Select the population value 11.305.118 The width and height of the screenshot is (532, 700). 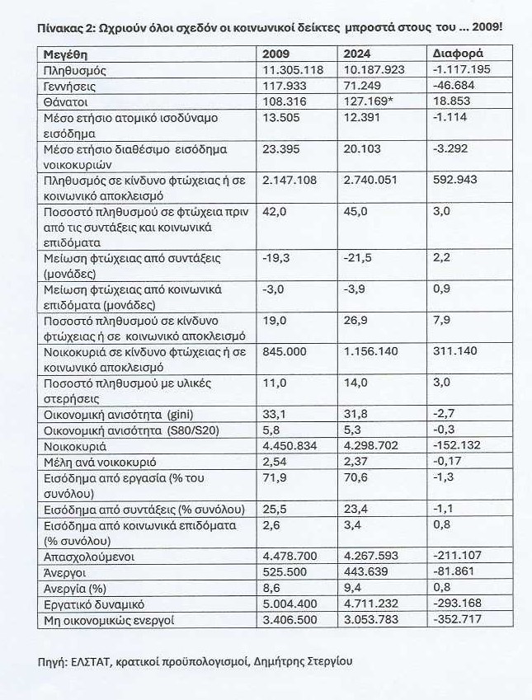click(x=292, y=69)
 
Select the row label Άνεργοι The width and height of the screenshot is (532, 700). click(x=62, y=572)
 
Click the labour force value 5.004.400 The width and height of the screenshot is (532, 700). click(x=290, y=604)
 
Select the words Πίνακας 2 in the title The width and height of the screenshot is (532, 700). click(x=64, y=26)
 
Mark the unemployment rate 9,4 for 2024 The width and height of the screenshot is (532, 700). click(x=351, y=588)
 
